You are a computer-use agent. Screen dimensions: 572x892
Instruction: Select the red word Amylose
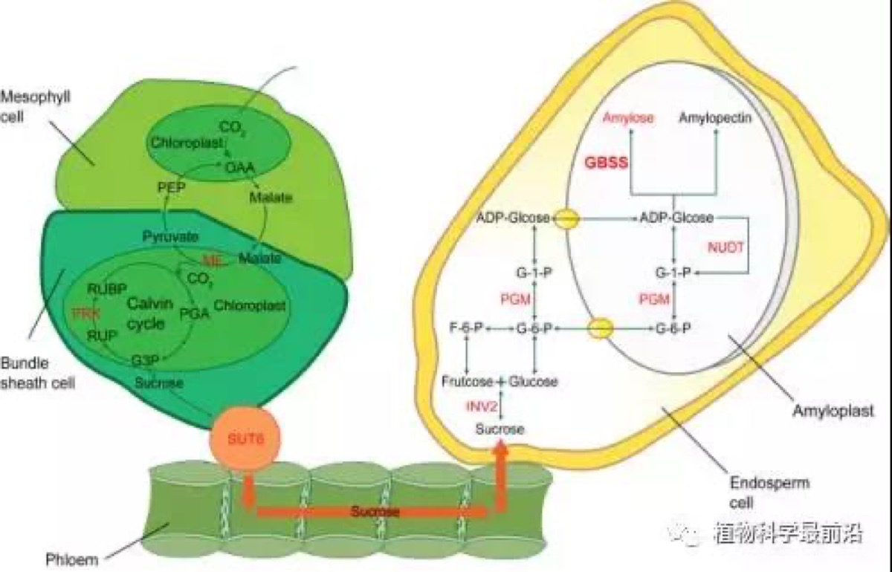point(628,118)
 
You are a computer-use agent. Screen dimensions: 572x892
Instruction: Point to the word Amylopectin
point(716,118)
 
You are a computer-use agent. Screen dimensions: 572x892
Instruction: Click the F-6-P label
point(466,328)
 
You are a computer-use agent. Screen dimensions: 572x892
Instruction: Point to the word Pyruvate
point(170,237)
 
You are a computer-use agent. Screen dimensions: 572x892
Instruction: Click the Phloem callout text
point(71,559)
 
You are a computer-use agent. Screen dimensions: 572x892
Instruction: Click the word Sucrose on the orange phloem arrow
point(375,512)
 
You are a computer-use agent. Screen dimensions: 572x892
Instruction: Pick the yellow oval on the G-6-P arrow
point(601,328)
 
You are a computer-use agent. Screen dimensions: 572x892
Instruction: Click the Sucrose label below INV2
point(500,429)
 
